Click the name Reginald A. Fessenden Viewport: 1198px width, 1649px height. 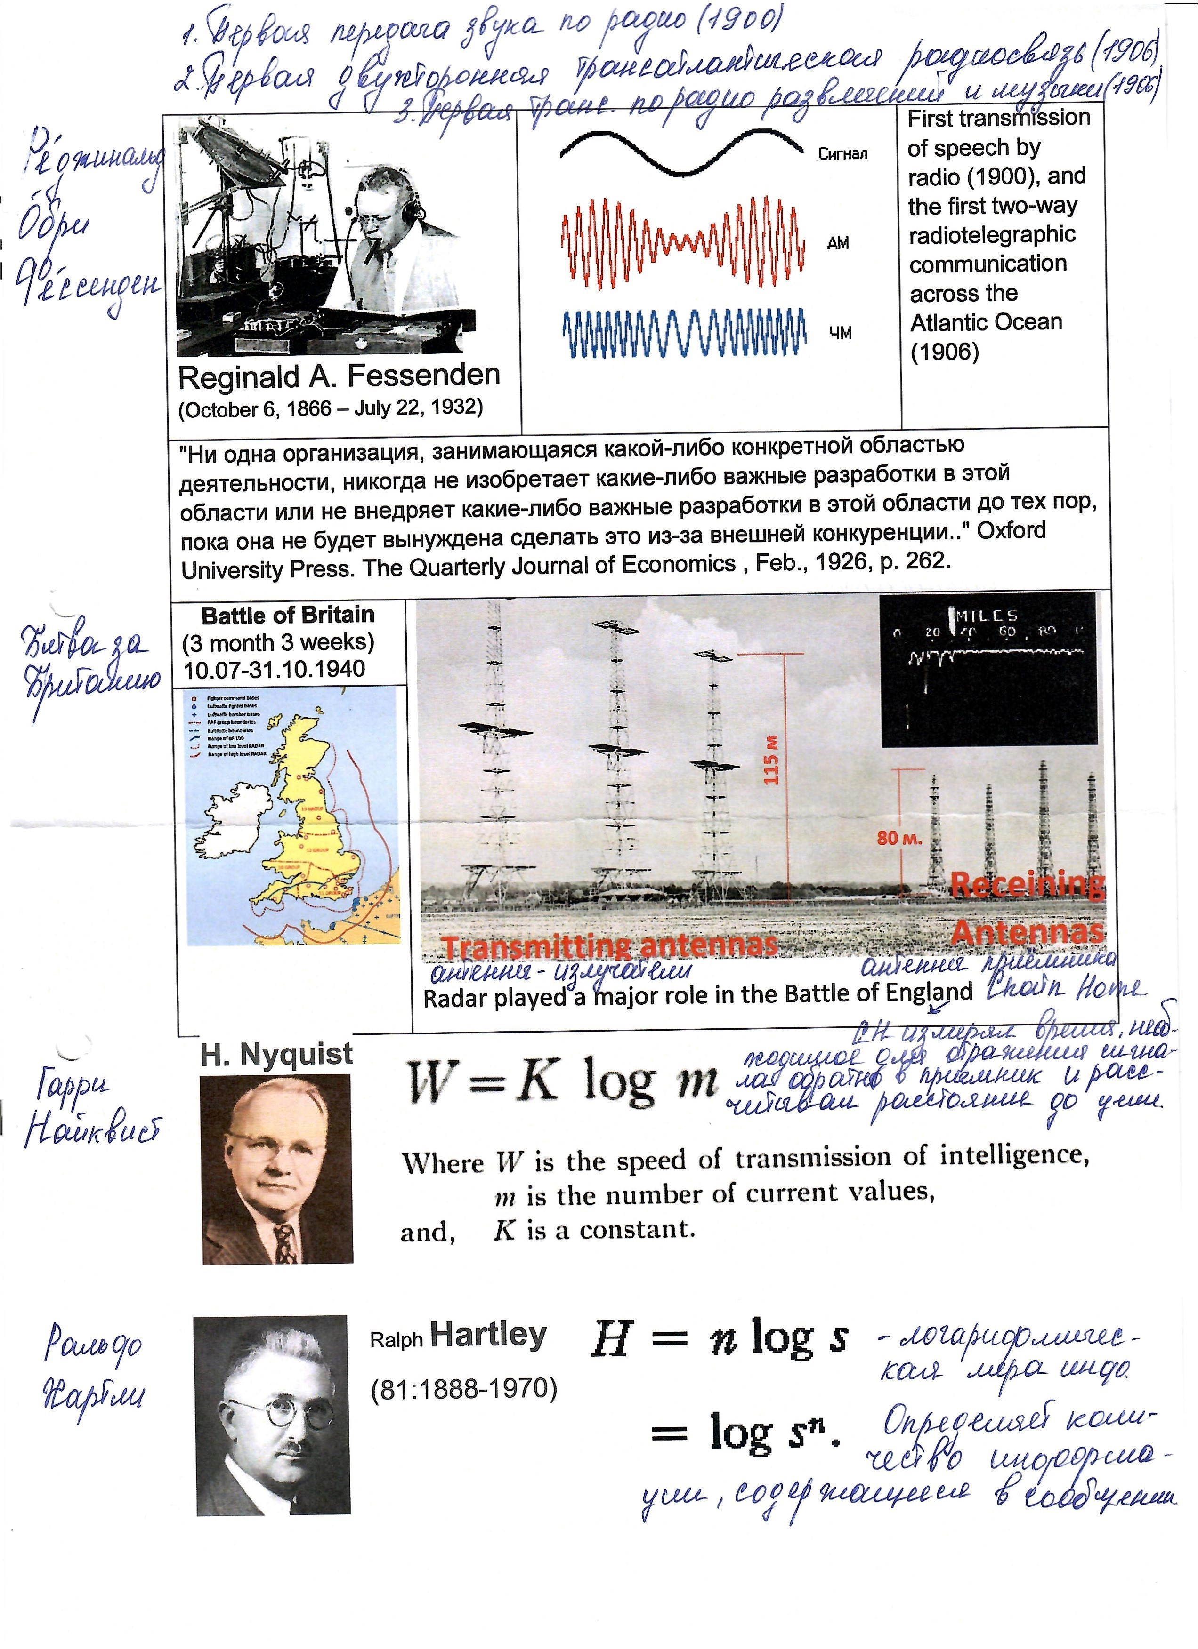click(339, 376)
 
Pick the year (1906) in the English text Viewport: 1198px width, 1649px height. click(944, 352)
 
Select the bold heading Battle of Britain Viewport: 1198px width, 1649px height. click(288, 615)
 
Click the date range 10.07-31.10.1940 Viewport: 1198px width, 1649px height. click(274, 669)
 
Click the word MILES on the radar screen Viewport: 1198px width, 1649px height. click(987, 615)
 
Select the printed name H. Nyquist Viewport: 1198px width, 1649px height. click(276, 1054)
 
